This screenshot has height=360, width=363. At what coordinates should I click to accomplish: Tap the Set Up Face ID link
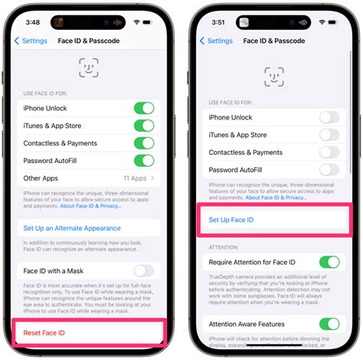click(x=231, y=220)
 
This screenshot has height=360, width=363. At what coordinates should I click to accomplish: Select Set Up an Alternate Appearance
click(x=71, y=227)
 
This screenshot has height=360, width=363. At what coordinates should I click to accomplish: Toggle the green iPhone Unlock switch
click(x=144, y=108)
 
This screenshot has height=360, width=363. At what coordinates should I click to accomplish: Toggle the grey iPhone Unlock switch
click(x=329, y=117)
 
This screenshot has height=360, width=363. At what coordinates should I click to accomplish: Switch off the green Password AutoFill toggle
click(x=144, y=160)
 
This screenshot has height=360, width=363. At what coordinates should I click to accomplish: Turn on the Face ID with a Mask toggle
click(x=144, y=270)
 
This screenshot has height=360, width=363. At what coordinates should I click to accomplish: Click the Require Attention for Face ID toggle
click(x=329, y=262)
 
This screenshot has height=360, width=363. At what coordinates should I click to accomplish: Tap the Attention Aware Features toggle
click(x=329, y=324)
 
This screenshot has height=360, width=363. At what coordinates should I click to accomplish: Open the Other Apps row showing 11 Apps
click(x=89, y=178)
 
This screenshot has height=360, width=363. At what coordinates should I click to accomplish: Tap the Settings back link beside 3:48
click(x=31, y=41)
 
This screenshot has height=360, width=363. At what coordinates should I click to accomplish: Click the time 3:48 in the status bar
click(x=32, y=21)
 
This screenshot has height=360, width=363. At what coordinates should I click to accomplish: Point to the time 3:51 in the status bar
click(x=217, y=21)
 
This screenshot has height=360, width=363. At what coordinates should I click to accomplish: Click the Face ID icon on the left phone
click(x=89, y=67)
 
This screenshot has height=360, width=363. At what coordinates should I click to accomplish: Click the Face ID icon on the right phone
click(x=274, y=77)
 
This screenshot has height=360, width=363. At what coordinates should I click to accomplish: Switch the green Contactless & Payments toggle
click(x=144, y=143)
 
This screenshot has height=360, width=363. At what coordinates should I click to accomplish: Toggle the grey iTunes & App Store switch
click(x=329, y=135)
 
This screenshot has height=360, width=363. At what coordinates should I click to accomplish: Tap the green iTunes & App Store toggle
click(x=144, y=126)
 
